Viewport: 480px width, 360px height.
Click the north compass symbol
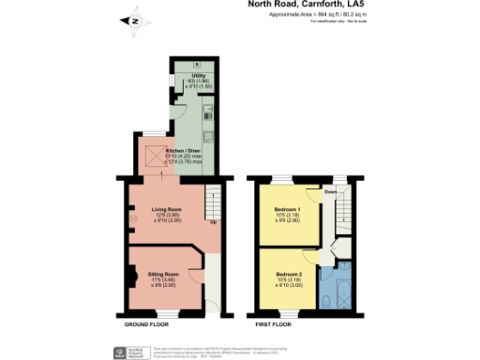click(x=134, y=20)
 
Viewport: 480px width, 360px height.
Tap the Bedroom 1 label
click(x=286, y=208)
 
